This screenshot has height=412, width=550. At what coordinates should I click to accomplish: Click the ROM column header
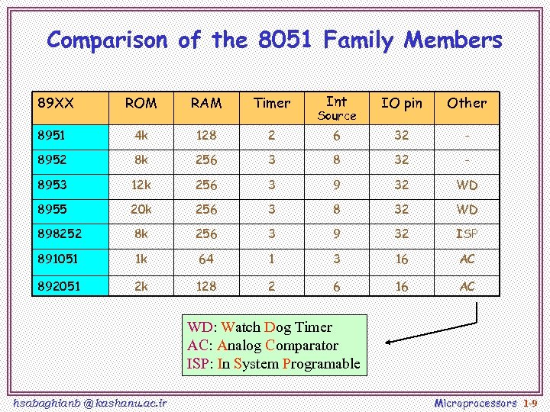(141, 103)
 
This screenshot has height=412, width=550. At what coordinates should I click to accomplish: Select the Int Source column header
(336, 108)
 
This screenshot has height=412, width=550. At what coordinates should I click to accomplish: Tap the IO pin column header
(401, 103)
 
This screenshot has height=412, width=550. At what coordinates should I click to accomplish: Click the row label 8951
(52, 135)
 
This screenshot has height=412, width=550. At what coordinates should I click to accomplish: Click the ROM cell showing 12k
(141, 185)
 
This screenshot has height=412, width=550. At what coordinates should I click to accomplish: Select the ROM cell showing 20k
(141, 209)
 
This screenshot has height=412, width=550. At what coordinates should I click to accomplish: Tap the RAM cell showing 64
(206, 259)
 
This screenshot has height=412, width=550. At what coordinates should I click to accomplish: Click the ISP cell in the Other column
(467, 233)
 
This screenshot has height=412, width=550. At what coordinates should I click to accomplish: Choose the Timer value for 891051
(272, 259)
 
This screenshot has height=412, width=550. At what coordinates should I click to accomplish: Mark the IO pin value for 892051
(401, 286)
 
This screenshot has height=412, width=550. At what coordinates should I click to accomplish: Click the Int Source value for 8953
(336, 185)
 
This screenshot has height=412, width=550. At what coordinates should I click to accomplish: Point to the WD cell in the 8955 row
(467, 209)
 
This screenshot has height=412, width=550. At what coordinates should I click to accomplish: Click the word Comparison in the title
(106, 40)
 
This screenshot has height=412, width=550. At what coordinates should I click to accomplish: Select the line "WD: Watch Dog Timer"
(260, 327)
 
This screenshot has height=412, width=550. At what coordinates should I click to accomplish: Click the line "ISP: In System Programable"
(273, 363)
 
